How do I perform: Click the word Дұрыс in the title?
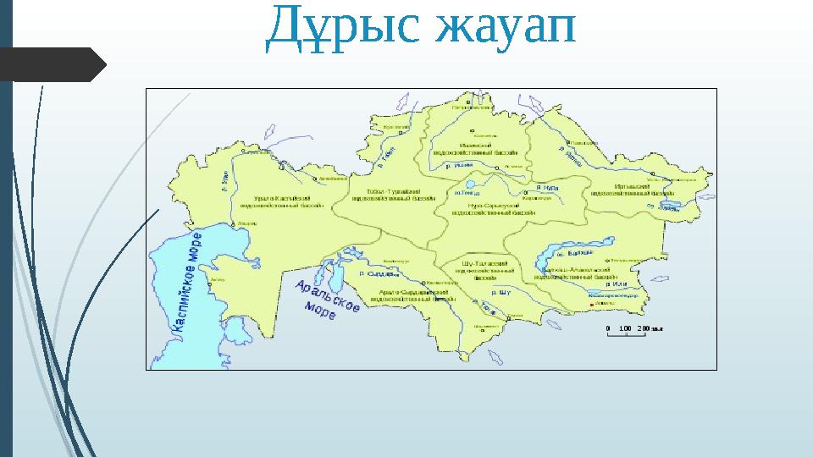343,27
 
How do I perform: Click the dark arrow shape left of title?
55,63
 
